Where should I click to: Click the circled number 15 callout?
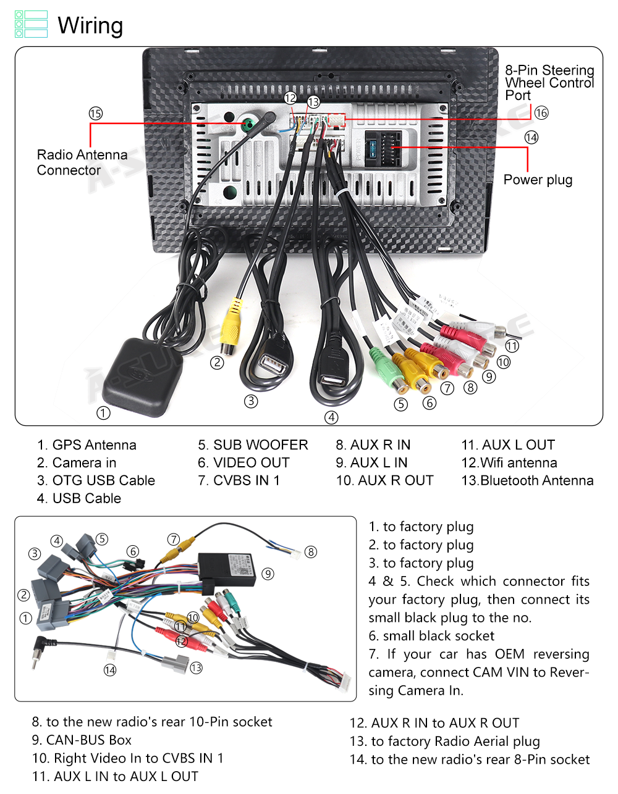tap(95, 114)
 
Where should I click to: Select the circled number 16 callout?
tap(541, 112)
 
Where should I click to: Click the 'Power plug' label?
tap(538, 180)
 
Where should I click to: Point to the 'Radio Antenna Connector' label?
tap(82, 162)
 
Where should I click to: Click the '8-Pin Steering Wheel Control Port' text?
tap(549, 83)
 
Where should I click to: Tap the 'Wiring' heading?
tap(90, 26)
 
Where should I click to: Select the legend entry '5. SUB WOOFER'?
tap(253, 445)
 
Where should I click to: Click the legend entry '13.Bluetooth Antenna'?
tap(527, 480)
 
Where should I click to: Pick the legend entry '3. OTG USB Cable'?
tap(96, 480)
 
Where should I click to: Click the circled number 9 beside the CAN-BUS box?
tap(268, 574)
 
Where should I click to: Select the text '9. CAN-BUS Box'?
tap(82, 740)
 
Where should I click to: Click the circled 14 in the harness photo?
tap(110, 670)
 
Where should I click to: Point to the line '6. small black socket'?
tap(431, 636)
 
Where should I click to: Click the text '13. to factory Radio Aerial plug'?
tap(444, 741)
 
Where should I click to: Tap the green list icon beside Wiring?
tap(31, 24)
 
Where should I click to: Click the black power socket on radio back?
tap(383, 149)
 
